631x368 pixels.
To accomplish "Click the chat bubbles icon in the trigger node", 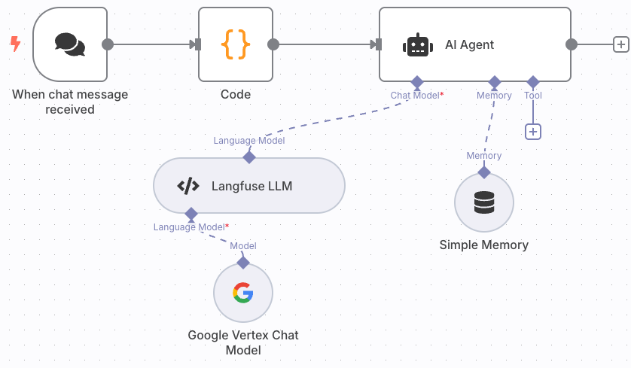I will pyautogui.click(x=70, y=44).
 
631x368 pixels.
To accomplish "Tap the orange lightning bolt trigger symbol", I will pyautogui.click(x=15, y=44).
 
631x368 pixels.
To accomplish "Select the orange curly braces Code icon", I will pyautogui.click(x=235, y=44).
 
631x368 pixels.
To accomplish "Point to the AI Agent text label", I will pyautogui.click(x=469, y=44).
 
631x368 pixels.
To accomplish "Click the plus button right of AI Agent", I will pyautogui.click(x=620, y=44).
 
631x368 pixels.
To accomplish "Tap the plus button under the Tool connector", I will pyautogui.click(x=533, y=132).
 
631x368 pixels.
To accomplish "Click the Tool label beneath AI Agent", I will pyautogui.click(x=533, y=96).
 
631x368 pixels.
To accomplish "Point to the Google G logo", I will pyautogui.click(x=242, y=293).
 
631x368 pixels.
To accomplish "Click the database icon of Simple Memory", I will pyautogui.click(x=484, y=202).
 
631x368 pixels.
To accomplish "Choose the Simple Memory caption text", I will pyautogui.click(x=484, y=245).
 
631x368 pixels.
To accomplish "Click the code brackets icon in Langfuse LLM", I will pyautogui.click(x=187, y=186).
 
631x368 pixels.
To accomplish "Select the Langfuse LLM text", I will pyautogui.click(x=251, y=186).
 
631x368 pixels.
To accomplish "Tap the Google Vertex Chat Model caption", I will pyautogui.click(x=243, y=342).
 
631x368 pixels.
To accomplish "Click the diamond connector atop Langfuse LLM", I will pyautogui.click(x=249, y=157).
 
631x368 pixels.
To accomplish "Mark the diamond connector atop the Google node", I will pyautogui.click(x=242, y=262).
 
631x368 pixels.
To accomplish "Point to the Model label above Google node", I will pyautogui.click(x=243, y=246).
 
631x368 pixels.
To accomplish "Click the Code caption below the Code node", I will pyautogui.click(x=236, y=95).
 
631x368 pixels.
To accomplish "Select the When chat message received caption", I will pyautogui.click(x=70, y=102).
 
